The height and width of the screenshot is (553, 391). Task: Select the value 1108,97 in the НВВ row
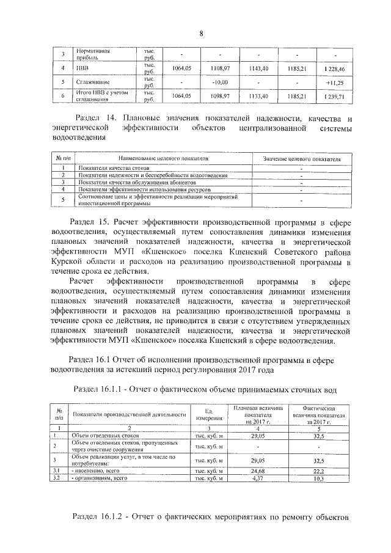tap(220, 68)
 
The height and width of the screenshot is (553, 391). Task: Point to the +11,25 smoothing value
tap(334, 82)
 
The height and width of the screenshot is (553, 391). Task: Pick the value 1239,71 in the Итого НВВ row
tap(334, 96)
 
